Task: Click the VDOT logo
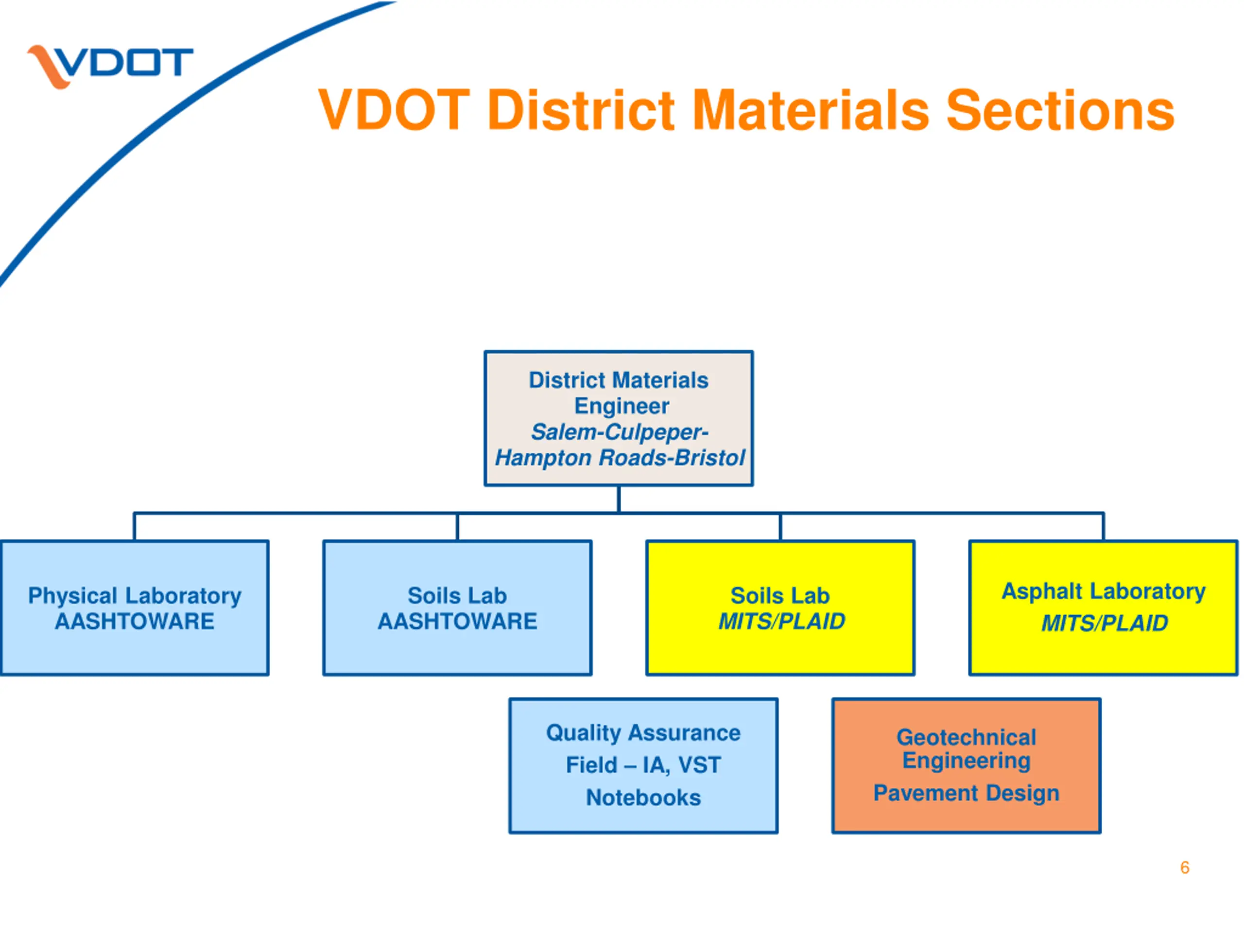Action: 110,66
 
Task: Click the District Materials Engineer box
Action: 619,418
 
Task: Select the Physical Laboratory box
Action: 135,608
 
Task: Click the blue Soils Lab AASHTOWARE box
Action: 457,608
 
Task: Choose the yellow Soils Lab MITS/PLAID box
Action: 780,608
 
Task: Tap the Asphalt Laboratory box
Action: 1104,608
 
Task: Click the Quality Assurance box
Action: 643,766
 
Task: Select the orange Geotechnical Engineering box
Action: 966,766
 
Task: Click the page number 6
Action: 1185,868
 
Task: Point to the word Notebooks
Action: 643,798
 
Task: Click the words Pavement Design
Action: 966,794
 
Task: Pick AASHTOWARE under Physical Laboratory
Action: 135,622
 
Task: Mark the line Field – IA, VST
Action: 643,765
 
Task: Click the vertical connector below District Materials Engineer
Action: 619,500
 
